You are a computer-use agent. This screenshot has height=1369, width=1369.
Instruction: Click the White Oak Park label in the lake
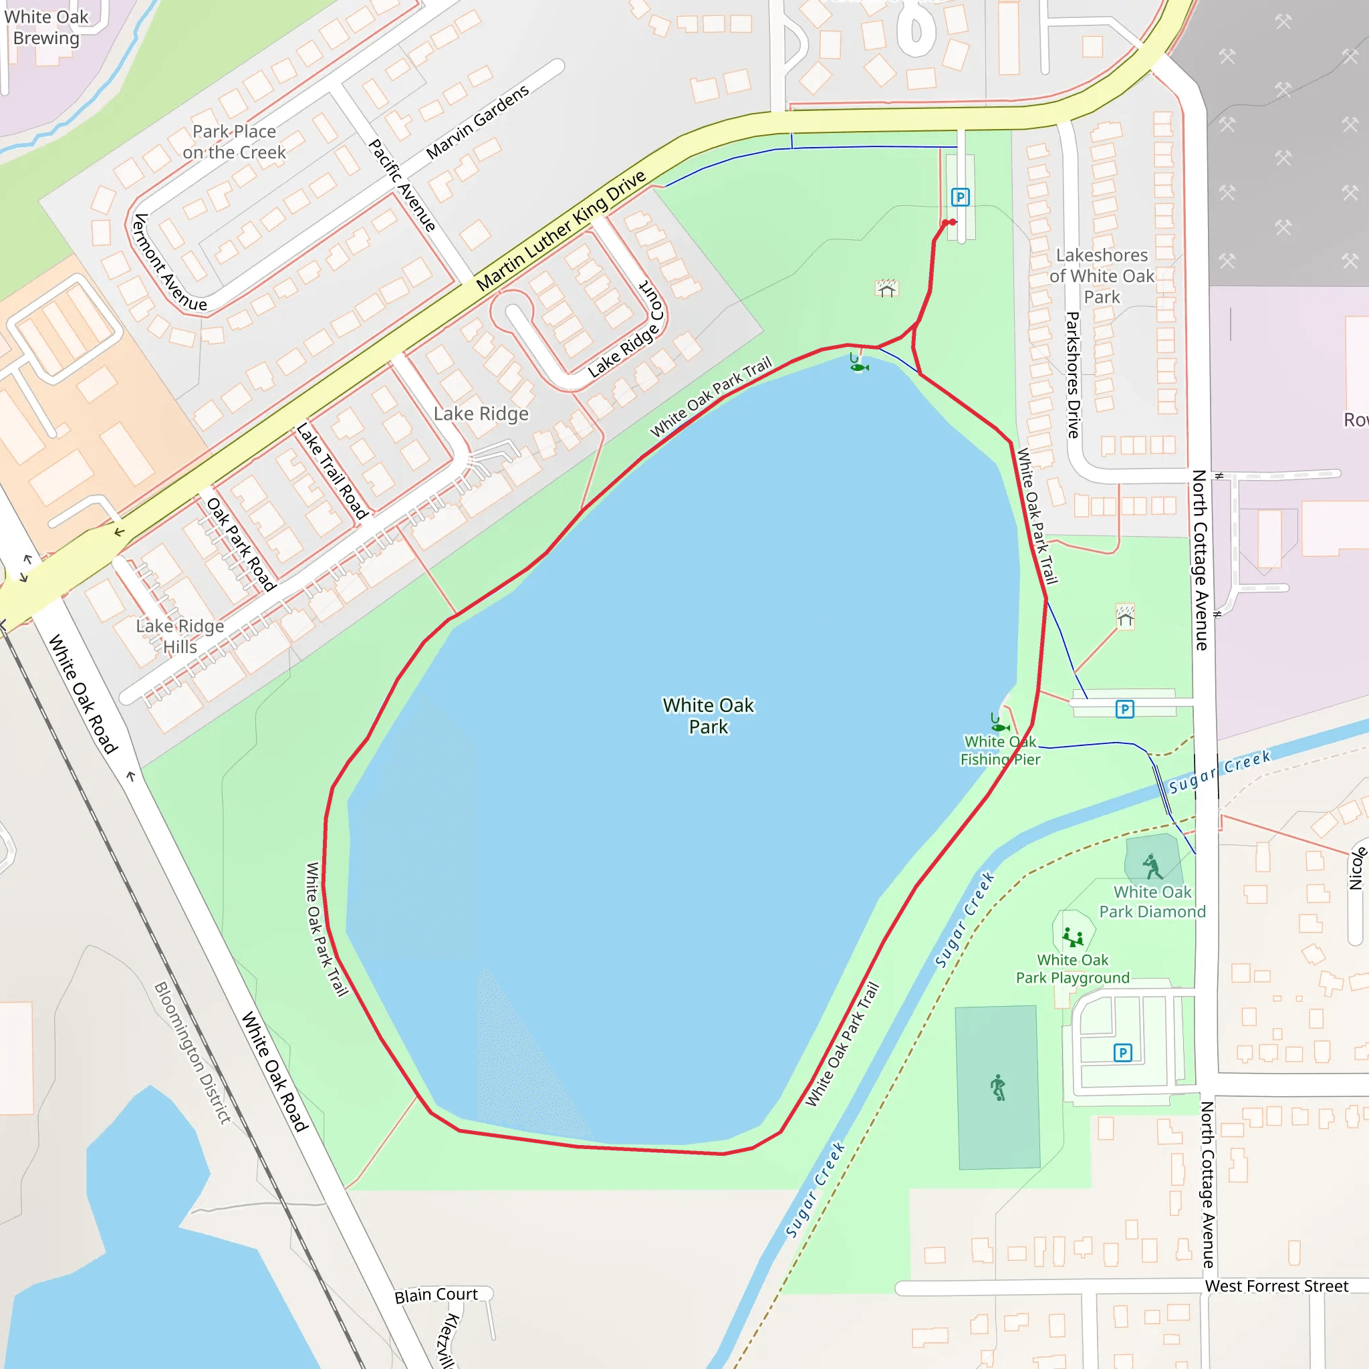708,716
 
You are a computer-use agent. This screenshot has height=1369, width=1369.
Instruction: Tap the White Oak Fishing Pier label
1000,751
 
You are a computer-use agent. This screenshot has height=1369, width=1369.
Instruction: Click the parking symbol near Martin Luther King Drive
960,197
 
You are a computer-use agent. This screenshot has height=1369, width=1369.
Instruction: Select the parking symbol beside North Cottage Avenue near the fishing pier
1124,709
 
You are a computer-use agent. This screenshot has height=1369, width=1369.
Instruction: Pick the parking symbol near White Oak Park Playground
1122,1052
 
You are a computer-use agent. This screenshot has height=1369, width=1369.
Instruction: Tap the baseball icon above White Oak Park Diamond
1152,866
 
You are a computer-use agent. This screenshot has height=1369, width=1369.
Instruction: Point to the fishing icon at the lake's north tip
858,364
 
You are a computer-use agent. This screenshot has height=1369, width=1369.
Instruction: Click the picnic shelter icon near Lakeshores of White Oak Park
886,288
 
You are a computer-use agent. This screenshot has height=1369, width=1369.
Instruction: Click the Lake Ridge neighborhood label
481,413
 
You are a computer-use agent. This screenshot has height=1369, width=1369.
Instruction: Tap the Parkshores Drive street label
1073,375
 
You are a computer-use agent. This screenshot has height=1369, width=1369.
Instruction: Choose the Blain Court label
437,1295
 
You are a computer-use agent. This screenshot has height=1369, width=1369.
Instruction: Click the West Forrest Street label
1276,1286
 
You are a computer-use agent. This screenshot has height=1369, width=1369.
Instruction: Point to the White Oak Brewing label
46,27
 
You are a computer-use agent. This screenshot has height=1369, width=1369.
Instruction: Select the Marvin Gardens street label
477,122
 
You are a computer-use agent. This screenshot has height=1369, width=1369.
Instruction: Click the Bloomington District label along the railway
193,1052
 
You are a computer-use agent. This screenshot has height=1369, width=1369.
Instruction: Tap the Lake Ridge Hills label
180,636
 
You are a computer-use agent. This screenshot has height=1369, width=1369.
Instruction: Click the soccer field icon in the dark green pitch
998,1087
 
